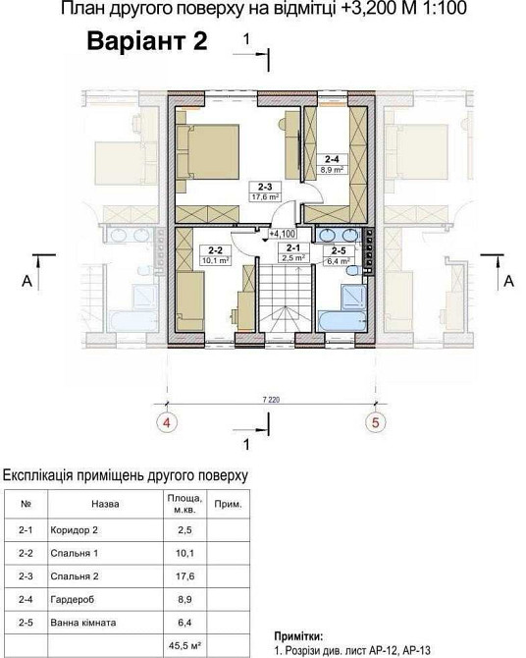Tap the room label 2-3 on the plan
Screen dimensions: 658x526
pos(265,185)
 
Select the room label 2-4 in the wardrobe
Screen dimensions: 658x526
pos(334,158)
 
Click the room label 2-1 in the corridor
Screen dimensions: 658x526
pos(293,248)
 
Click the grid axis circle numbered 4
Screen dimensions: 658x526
pos(168,425)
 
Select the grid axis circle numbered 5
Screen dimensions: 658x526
pos(373,425)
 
